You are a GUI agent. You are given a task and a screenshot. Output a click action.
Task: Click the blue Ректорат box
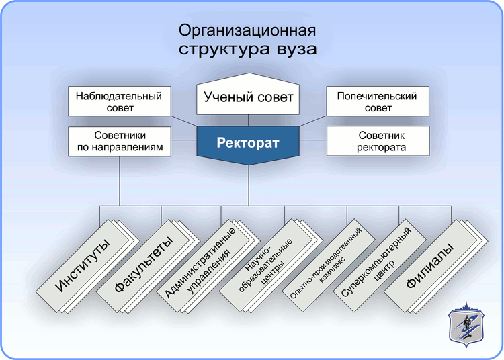tap(247, 143)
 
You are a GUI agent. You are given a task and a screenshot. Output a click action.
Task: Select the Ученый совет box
tap(248, 97)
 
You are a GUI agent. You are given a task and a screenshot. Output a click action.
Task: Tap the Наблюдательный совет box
tap(119, 101)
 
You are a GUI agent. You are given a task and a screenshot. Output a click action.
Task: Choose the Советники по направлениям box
tap(119, 140)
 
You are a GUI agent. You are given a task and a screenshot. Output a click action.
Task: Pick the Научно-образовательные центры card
tap(266, 265)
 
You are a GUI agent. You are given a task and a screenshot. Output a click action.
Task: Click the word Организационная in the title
tap(247, 31)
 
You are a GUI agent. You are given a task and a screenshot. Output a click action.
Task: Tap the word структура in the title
tap(222, 49)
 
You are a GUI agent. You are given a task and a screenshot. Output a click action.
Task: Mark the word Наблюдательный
tap(119, 95)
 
